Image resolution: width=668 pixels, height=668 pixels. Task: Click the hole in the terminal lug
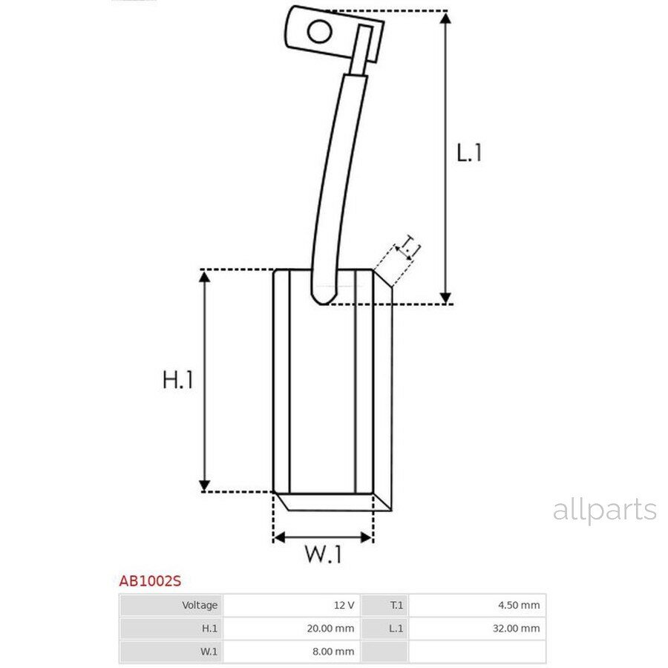click(x=319, y=32)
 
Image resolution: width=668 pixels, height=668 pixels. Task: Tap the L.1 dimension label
click(x=469, y=153)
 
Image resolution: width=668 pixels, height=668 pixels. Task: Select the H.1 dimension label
click(x=177, y=379)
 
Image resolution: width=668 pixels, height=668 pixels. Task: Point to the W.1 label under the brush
click(x=323, y=554)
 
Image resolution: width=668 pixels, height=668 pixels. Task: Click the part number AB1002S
click(x=150, y=581)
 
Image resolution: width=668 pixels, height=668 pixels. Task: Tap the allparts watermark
click(x=604, y=510)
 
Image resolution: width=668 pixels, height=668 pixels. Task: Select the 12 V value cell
click(x=292, y=605)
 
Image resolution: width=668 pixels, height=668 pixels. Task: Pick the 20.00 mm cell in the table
click(x=292, y=629)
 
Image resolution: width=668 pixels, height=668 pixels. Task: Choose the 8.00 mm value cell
click(x=292, y=652)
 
